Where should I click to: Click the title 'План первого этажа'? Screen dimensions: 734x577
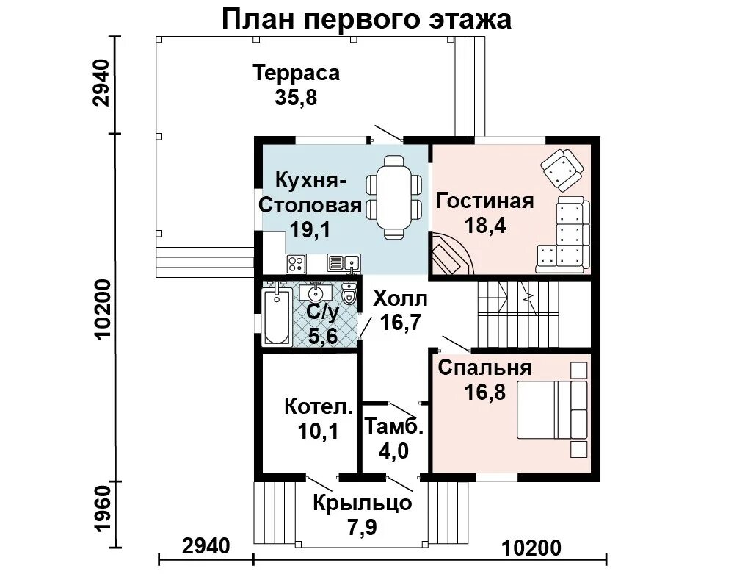pyautogui.click(x=366, y=20)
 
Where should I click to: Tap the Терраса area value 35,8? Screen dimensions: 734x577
pyautogui.click(x=297, y=98)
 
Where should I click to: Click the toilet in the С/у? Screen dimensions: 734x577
pyautogui.click(x=349, y=294)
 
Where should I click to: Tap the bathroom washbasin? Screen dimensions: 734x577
pyautogui.click(x=316, y=292)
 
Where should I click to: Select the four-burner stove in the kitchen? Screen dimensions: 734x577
pyautogui.click(x=296, y=263)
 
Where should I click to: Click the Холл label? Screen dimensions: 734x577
pyautogui.click(x=400, y=298)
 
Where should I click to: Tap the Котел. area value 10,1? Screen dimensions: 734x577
pyautogui.click(x=318, y=431)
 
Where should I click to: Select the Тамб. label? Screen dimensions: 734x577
pyautogui.click(x=393, y=428)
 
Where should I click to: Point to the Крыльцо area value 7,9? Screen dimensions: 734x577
pyautogui.click(x=363, y=528)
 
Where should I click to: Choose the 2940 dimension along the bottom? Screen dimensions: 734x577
pyautogui.click(x=206, y=547)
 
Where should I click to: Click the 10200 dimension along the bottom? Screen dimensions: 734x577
pyautogui.click(x=531, y=548)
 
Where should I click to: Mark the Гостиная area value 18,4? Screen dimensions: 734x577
pyautogui.click(x=485, y=226)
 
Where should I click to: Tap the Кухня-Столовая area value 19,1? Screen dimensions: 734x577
pyautogui.click(x=310, y=229)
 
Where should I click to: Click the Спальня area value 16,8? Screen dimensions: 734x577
pyautogui.click(x=485, y=392)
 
